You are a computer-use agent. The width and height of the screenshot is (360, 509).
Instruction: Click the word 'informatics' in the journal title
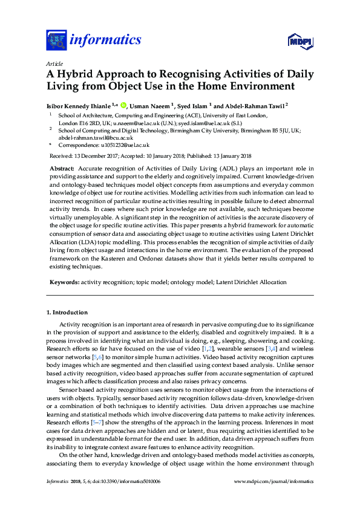tap(105, 41)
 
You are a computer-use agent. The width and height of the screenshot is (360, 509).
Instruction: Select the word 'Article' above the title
tap(54, 63)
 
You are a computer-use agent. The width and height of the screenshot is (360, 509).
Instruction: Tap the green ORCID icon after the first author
tap(123, 104)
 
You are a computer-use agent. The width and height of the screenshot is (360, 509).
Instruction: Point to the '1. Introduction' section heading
tap(67, 313)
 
